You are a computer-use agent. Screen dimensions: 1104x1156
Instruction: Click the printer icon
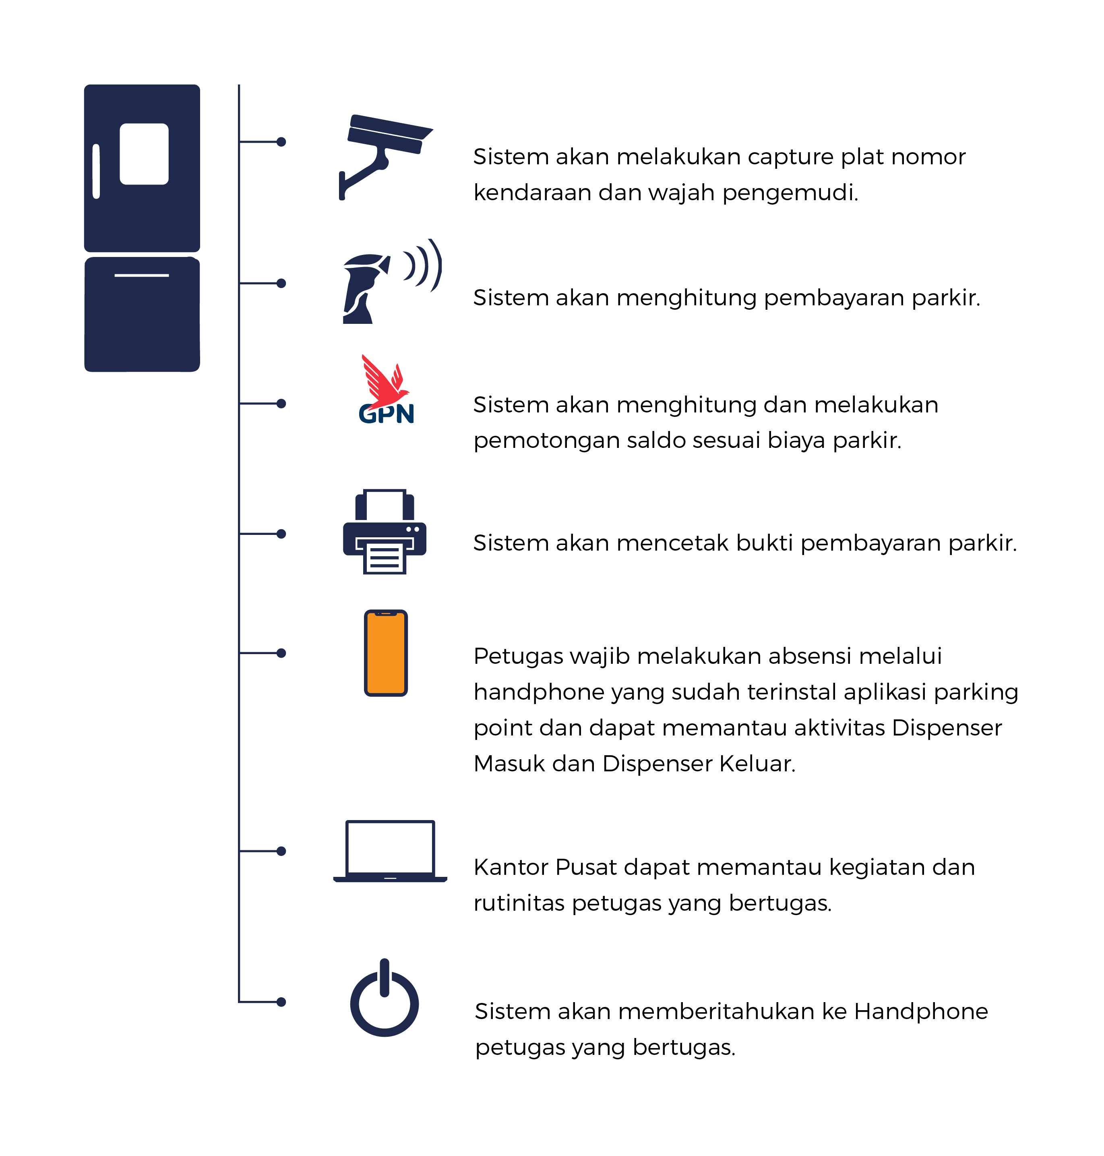[x=385, y=532]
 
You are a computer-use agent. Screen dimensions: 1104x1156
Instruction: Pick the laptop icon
[x=390, y=851]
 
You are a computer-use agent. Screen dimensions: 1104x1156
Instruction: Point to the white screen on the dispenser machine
[x=144, y=153]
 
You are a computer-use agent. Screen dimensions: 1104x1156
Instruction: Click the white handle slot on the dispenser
[x=96, y=171]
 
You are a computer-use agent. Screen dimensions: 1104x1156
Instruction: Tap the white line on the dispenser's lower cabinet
[x=142, y=275]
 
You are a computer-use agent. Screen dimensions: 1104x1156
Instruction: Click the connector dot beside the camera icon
[x=281, y=142]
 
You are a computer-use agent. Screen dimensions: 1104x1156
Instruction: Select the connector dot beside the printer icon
[x=281, y=534]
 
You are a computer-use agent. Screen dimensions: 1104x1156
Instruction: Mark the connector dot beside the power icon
[x=281, y=1002]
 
